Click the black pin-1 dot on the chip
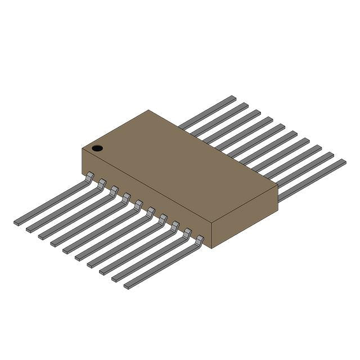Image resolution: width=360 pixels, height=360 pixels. [97, 148]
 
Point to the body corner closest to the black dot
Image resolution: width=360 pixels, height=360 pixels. [83, 149]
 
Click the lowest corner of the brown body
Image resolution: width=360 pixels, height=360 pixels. [211, 248]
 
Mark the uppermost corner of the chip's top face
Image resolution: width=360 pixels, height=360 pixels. [148, 110]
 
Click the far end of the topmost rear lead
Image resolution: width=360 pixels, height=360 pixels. [231, 98]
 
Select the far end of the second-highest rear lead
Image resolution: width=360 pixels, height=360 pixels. [244, 105]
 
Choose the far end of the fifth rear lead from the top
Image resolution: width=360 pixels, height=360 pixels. [281, 127]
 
